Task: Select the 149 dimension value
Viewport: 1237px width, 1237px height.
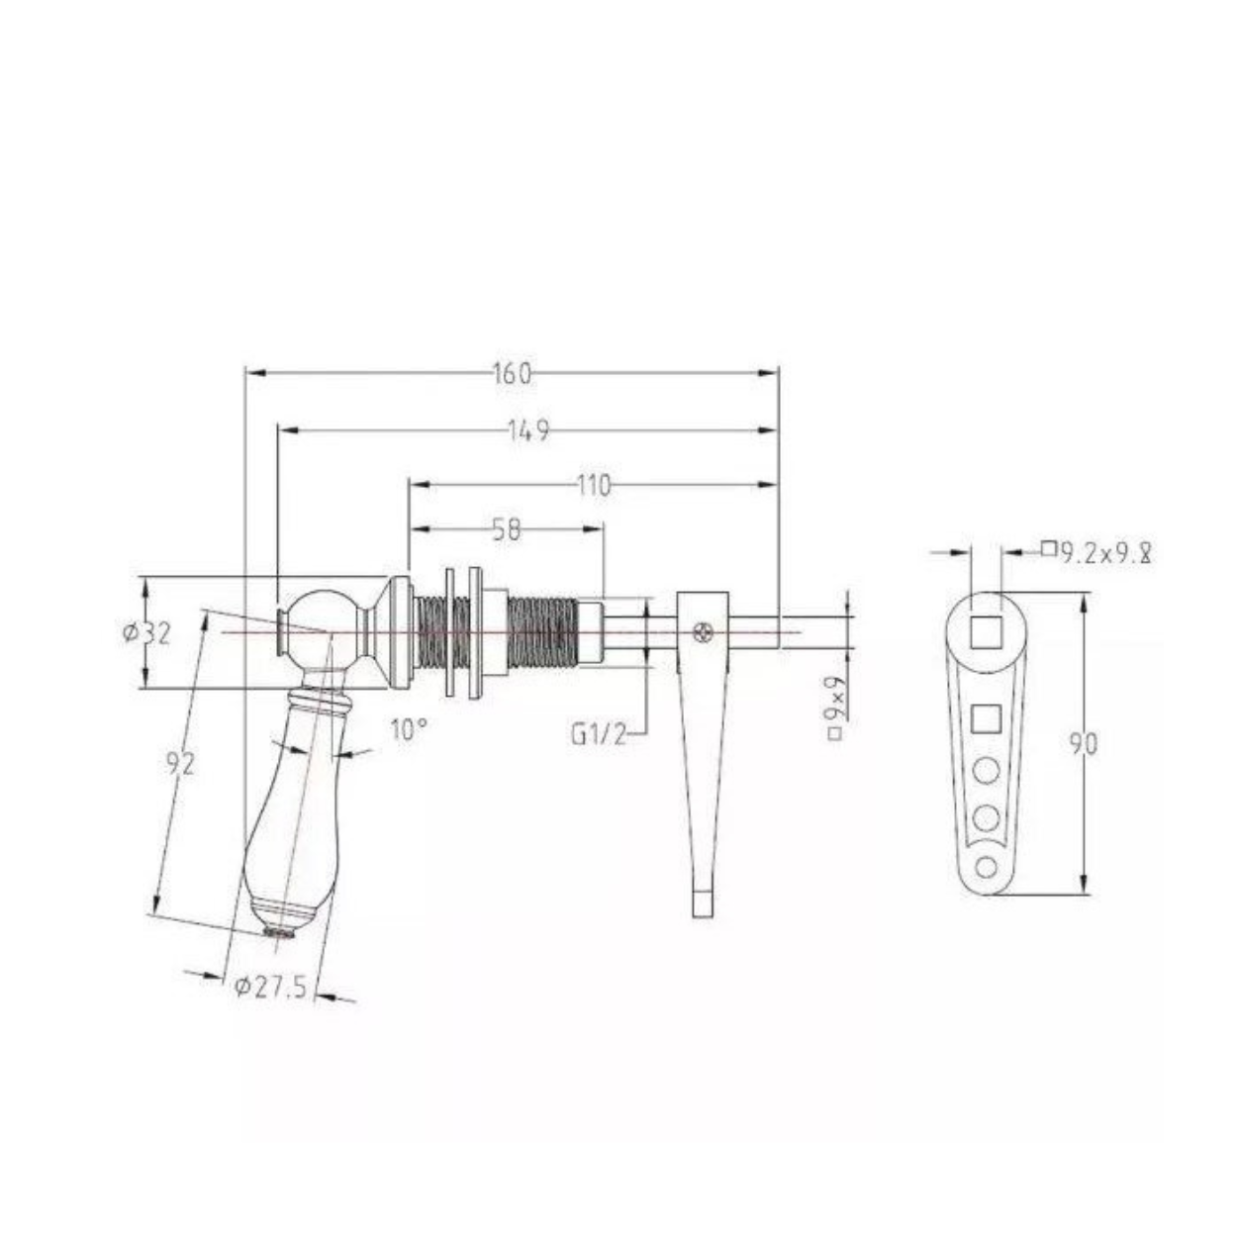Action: tap(528, 430)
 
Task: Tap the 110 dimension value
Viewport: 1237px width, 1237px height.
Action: tap(593, 486)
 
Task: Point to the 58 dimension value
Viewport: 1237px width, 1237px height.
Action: tap(507, 530)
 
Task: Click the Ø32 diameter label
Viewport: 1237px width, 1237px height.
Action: tap(147, 633)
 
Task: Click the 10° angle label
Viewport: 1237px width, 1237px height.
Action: tap(409, 730)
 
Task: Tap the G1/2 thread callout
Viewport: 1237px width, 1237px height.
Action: tap(599, 733)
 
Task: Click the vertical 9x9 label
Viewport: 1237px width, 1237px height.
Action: tap(835, 708)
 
